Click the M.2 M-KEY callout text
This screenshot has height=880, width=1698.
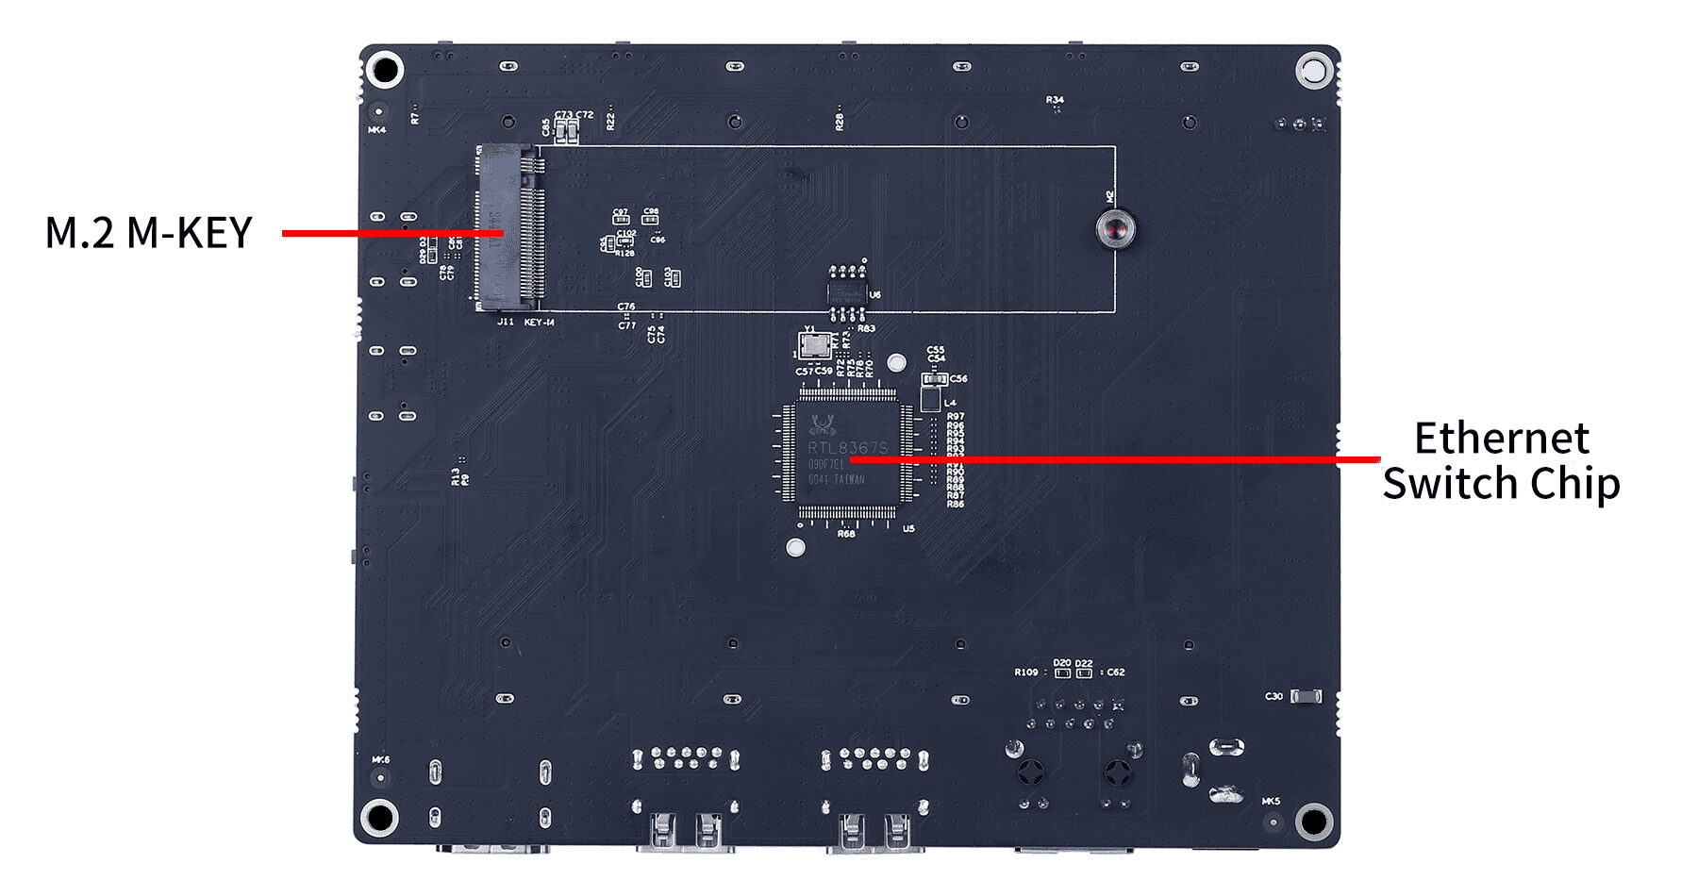point(149,233)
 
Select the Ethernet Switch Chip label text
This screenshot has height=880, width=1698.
point(1500,461)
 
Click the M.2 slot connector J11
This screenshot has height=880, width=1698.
point(509,228)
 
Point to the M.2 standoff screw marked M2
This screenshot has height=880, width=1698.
point(1114,229)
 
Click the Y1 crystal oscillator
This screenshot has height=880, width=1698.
point(810,346)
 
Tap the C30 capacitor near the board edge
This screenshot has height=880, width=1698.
point(1305,696)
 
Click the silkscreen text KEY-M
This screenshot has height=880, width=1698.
point(539,323)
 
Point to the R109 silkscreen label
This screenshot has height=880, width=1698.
point(1025,672)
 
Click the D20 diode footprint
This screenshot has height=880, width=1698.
point(1063,673)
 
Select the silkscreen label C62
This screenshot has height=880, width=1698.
point(1116,672)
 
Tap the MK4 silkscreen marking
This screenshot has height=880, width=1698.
point(376,130)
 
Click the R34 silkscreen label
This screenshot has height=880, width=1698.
point(1055,99)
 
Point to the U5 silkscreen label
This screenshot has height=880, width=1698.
point(908,529)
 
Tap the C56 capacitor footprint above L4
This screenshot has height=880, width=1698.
point(933,379)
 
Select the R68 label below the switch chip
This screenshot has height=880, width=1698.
point(846,534)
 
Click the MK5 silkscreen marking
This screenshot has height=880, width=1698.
point(1271,802)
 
